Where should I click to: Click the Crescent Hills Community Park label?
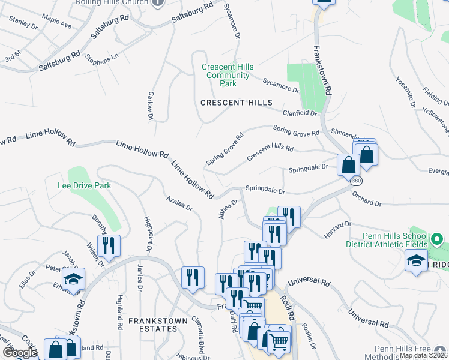228,75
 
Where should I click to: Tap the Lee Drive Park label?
85,186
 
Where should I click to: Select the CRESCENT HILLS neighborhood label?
237,103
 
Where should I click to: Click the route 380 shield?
357,179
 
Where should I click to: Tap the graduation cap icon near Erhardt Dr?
74,279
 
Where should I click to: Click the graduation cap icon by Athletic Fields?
416,262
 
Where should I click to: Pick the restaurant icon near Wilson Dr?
109,245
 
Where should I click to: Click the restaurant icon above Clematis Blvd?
193,277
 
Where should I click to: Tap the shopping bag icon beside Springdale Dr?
348,163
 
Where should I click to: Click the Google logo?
20,352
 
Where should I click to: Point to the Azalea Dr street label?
179,203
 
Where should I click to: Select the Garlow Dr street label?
151,105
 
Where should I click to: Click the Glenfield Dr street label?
300,113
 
